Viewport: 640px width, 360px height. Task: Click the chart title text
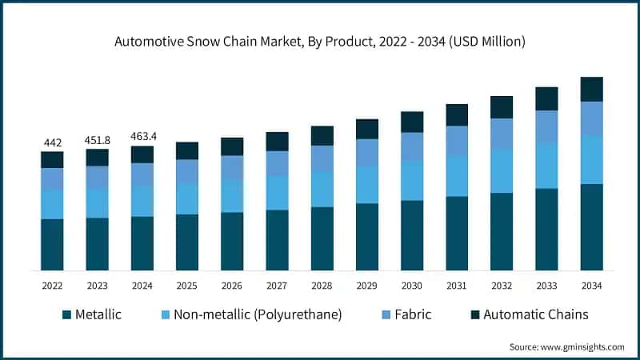coord(320,41)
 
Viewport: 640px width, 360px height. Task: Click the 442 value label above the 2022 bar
coord(52,142)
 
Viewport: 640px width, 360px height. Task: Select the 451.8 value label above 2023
coord(98,140)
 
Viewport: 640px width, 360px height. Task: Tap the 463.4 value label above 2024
coord(142,137)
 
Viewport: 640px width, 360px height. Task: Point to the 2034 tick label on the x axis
coord(591,286)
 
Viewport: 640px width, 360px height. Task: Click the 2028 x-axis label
coord(322,286)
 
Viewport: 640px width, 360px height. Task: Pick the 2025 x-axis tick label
coord(187,286)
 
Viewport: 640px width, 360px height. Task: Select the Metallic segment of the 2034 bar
coord(591,227)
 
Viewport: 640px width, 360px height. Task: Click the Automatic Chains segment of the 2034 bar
coord(591,89)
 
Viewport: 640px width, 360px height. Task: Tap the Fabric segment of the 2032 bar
coord(502,133)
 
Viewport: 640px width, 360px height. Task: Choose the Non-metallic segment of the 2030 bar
coord(412,180)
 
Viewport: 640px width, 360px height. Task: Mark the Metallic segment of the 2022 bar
coord(52,244)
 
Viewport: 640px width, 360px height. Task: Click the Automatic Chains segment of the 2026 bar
coord(232,146)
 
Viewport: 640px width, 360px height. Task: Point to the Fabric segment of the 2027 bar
coord(277,163)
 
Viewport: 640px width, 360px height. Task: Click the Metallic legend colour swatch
coord(66,314)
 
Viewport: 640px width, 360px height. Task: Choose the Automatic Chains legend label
coord(535,314)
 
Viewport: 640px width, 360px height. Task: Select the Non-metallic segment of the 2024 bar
coord(142,201)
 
